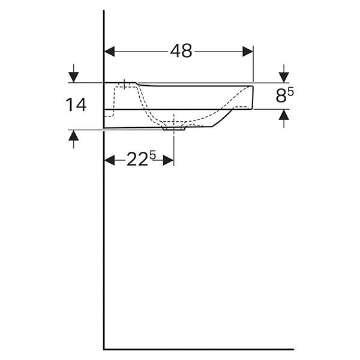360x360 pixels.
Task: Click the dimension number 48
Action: coord(181,51)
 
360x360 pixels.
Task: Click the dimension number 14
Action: coord(76,104)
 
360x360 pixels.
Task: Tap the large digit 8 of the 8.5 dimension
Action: coord(281,96)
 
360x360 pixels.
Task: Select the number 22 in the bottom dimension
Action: coord(137,160)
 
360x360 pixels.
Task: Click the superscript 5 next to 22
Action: coord(152,155)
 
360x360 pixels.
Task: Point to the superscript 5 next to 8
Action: coord(290,92)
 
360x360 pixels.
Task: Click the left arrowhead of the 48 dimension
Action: coord(110,51)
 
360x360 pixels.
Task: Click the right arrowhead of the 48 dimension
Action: coord(248,51)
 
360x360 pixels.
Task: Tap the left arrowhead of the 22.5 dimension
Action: coord(110,160)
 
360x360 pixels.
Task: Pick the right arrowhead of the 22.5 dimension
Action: coord(168,160)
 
